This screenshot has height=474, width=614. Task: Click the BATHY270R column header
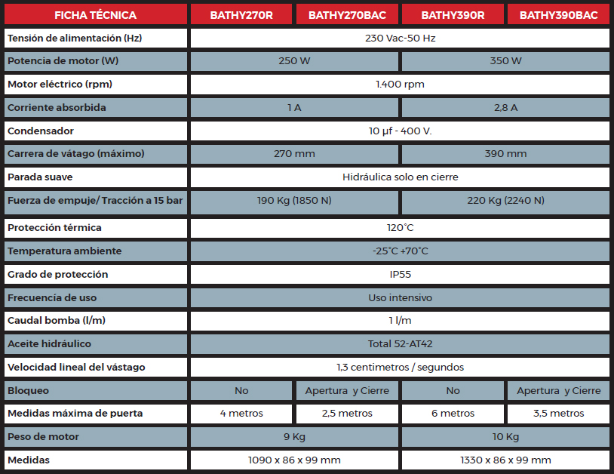click(241, 14)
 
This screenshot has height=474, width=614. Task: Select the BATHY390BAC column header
click(558, 14)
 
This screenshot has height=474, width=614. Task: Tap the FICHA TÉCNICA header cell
click(95, 14)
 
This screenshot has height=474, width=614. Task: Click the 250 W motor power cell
click(294, 61)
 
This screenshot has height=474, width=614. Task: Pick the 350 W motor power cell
click(505, 61)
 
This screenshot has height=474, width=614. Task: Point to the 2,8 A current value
click(505, 108)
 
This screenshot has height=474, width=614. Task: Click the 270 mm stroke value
click(294, 154)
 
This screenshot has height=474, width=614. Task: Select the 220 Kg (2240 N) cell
click(505, 201)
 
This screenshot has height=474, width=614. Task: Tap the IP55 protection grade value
click(400, 275)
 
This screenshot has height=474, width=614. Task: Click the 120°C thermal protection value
click(400, 228)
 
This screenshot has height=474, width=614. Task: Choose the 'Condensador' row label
click(41, 131)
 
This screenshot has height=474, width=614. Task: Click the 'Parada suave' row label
click(40, 177)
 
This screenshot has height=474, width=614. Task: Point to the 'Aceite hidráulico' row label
click(49, 344)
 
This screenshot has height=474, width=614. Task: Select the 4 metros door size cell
click(241, 414)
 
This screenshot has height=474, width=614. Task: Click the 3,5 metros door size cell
click(558, 414)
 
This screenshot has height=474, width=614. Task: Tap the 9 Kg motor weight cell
click(294, 437)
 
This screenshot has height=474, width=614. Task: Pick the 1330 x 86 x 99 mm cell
click(505, 460)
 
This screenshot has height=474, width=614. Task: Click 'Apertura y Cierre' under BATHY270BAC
click(347, 391)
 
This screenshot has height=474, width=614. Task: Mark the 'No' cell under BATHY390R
click(453, 391)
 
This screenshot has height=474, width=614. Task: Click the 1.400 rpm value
click(400, 85)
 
